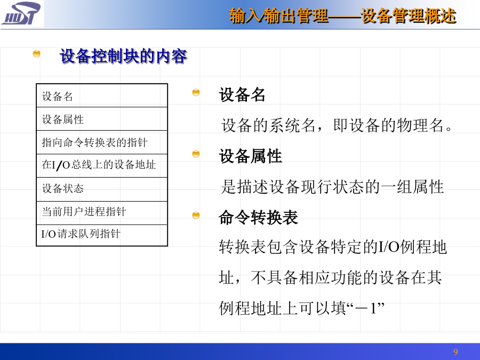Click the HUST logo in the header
pos(21,13)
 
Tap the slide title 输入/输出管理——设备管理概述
pos(343,16)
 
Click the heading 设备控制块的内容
pos(123,57)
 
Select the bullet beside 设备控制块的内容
pos(36,54)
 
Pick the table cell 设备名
pos(102,96)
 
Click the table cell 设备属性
pos(102,119)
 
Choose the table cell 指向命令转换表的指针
pos(102,142)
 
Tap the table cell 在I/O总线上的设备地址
pos(102,166)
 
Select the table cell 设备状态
pos(102,189)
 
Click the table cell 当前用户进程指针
pos(102,213)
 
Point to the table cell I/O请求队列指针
pos(102,235)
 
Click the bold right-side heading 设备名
pos(242,94)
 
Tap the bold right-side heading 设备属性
pos(250,156)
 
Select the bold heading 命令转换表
pos(258,218)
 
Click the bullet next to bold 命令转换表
pos(196,215)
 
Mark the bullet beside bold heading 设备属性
pos(196,154)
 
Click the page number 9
pos(455,352)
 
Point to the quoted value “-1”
pos(365,308)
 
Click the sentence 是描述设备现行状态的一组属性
pos(332,187)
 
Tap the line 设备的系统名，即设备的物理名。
pos(337,125)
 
